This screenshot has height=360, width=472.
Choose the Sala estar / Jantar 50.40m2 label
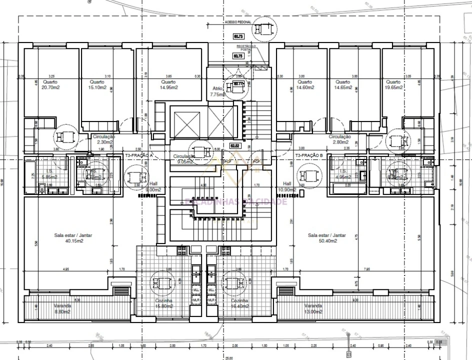pos(327,238)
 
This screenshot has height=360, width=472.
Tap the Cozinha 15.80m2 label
pos(164,303)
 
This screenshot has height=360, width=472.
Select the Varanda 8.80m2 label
pos(62,308)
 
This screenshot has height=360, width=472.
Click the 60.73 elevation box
pos(238,36)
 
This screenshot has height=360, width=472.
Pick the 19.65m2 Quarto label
pos(393,84)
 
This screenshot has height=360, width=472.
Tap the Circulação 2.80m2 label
pos(339,139)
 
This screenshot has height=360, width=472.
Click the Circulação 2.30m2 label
pos(104,139)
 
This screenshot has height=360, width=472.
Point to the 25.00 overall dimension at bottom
pos(228,358)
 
